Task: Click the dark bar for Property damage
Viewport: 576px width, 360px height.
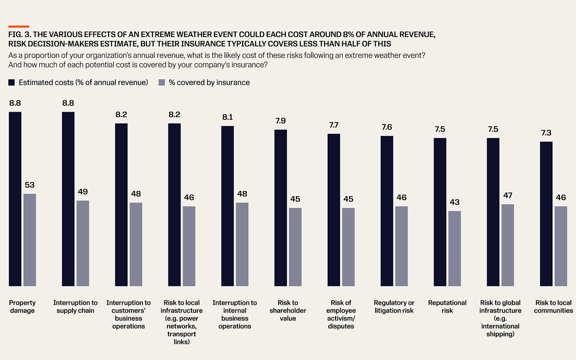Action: click(15, 199)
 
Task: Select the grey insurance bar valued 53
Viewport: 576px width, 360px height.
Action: click(30, 239)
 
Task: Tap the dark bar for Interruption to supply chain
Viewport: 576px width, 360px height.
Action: click(68, 199)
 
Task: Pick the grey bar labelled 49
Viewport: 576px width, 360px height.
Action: click(83, 243)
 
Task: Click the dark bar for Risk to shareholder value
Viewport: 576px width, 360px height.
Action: click(281, 208)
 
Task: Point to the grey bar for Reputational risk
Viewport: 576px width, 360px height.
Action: click(454, 248)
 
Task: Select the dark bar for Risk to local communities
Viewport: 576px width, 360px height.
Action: click(546, 214)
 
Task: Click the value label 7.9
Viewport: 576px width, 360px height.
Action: click(281, 121)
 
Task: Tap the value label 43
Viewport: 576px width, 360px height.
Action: click(454, 202)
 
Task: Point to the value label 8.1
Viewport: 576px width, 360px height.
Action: click(227, 117)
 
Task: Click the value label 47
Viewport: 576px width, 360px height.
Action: click(508, 196)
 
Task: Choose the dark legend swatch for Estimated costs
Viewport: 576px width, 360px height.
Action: click(12, 82)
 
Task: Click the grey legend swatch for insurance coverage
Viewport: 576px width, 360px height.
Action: click(162, 82)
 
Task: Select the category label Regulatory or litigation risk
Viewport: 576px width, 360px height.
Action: click(394, 306)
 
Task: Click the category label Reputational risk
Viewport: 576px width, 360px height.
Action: click(447, 306)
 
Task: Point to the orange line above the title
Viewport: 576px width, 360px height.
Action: click(19, 26)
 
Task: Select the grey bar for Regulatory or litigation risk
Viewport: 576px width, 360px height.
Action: click(401, 246)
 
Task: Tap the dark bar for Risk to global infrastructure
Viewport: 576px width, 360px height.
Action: click(493, 212)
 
